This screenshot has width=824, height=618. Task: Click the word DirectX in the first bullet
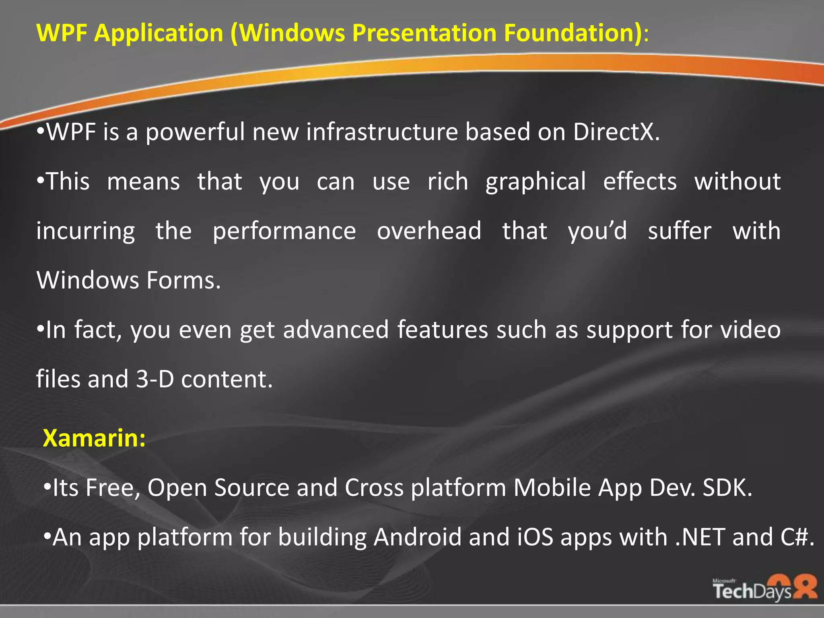tap(616, 132)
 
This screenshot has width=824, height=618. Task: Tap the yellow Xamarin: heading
tap(94, 438)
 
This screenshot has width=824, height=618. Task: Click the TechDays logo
tap(764, 588)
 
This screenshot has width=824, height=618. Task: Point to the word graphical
tap(535, 182)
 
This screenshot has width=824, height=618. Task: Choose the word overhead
tap(429, 231)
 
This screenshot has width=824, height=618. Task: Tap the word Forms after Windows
tap(183, 280)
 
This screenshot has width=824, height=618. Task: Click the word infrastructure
tap(382, 132)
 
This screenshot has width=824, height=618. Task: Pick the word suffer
tap(680, 231)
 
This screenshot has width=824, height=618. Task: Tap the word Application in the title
tap(159, 33)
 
